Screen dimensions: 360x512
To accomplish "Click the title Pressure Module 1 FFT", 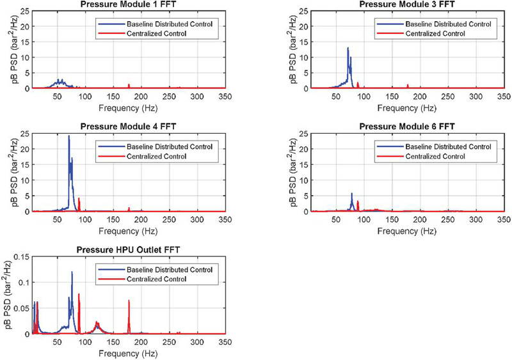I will click(x=127, y=4).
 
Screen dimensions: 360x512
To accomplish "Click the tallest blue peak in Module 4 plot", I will click(x=69, y=136).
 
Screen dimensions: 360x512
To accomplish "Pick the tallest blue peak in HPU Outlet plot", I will click(x=72, y=272).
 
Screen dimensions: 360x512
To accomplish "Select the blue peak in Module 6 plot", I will click(x=351, y=194).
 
